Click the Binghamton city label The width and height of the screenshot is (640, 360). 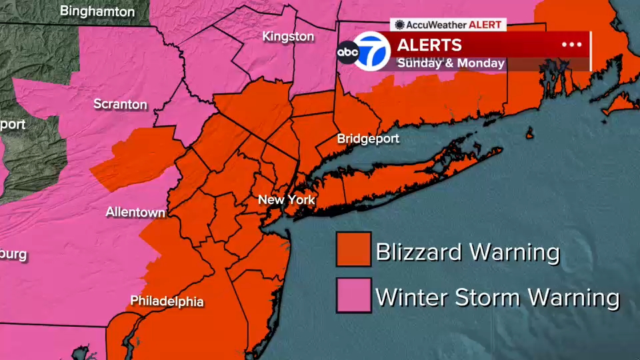tap(97, 11)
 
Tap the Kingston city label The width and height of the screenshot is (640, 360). tap(288, 36)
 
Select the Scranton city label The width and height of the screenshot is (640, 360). tap(120, 105)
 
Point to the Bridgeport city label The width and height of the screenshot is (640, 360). tap(368, 139)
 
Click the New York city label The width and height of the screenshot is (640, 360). tap(286, 200)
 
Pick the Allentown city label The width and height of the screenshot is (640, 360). tap(135, 212)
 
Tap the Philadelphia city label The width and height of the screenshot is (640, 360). tap(167, 301)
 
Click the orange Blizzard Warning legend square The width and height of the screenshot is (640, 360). tap(353, 249)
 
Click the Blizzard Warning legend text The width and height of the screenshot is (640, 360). tap(467, 252)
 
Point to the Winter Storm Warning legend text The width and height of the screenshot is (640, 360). tap(497, 297)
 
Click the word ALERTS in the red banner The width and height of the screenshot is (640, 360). tap(429, 45)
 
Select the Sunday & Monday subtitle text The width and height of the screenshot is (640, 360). tap(451, 63)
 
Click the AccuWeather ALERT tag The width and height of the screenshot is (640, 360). tap(448, 25)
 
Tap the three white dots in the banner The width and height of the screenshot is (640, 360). tap(571, 45)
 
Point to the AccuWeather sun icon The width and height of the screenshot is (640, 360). tap(399, 25)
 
